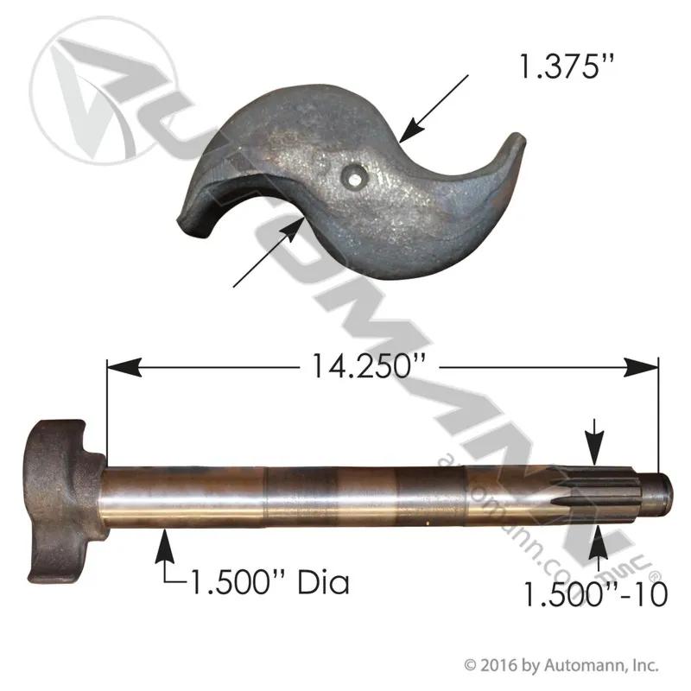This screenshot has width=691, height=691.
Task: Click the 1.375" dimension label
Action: pyautogui.click(x=567, y=67)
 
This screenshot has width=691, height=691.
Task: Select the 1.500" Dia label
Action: pyautogui.click(x=269, y=582)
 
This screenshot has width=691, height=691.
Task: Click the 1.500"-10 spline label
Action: pyautogui.click(x=595, y=594)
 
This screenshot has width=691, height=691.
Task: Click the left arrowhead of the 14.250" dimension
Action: pyautogui.click(x=124, y=367)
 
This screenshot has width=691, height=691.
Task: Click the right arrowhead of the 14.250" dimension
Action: pyautogui.click(x=641, y=367)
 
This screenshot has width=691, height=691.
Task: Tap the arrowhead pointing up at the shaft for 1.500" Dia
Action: pyautogui.click(x=164, y=547)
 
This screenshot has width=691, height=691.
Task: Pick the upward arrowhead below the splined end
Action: pyautogui.click(x=598, y=542)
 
